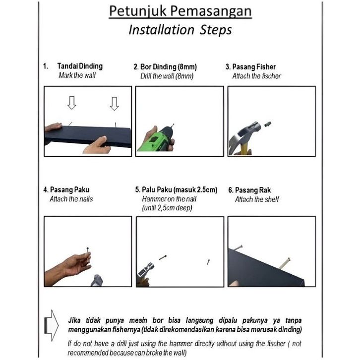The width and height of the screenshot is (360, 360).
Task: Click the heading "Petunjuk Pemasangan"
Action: tap(180, 11)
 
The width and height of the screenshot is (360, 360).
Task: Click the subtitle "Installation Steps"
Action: tap(180, 30)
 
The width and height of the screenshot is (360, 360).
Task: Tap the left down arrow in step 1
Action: tap(71, 103)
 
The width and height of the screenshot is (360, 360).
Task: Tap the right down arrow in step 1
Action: tap(115, 103)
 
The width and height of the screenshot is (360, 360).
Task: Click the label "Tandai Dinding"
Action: tap(80, 66)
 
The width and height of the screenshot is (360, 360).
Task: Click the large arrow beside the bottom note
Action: tap(51, 324)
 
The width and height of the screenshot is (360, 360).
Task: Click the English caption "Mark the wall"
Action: tap(77, 76)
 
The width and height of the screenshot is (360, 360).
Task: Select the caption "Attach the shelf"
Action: tap(257, 199)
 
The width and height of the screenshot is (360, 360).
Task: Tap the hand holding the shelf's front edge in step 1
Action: tap(98, 145)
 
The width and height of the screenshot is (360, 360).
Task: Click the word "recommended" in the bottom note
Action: tap(88, 353)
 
